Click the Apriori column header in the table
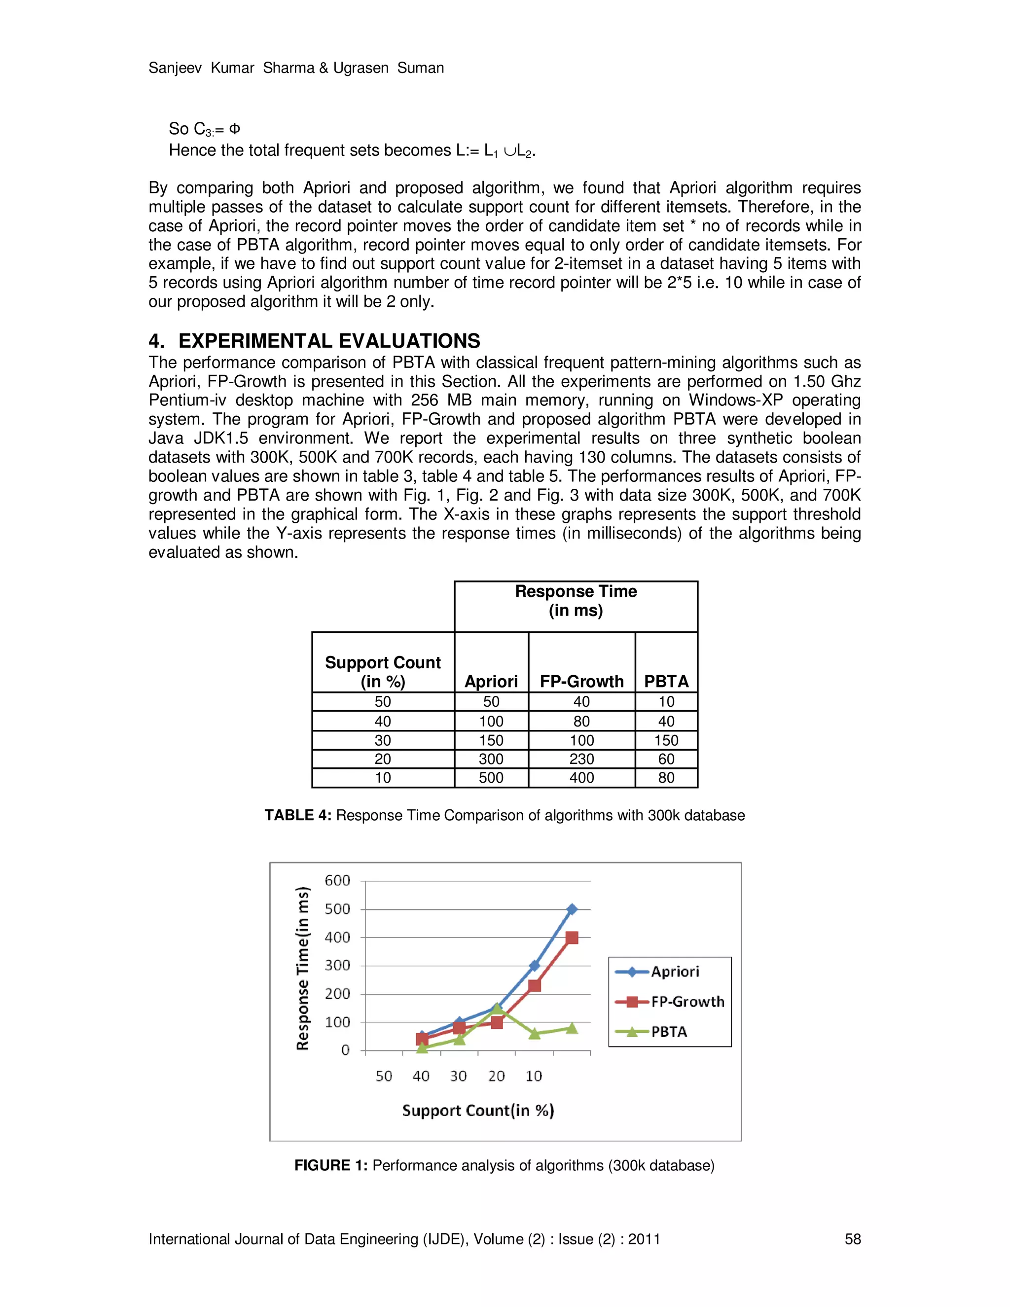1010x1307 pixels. tap(491, 681)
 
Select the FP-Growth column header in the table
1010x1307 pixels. tap(581, 681)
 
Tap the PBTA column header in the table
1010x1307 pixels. tap(666, 681)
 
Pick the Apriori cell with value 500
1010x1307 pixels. tap(491, 777)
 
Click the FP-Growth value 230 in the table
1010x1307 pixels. tap(581, 759)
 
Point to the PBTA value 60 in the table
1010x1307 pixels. tap(666, 759)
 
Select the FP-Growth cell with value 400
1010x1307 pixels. tap(581, 777)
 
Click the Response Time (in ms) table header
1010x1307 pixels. tap(576, 601)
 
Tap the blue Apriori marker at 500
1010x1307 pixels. tap(572, 909)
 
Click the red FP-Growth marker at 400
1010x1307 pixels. tap(572, 938)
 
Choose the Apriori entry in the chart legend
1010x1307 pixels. tap(674, 971)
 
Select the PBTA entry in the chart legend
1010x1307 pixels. tap(668, 1032)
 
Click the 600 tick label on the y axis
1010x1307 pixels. tap(337, 880)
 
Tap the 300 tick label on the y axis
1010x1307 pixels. tap(337, 965)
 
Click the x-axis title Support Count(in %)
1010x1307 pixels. tap(478, 1111)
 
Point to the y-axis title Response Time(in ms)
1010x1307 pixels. tap(303, 968)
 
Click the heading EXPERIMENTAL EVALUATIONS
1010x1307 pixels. tap(329, 341)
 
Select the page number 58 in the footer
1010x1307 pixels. tap(853, 1239)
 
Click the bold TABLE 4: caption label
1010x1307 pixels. tap(298, 815)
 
